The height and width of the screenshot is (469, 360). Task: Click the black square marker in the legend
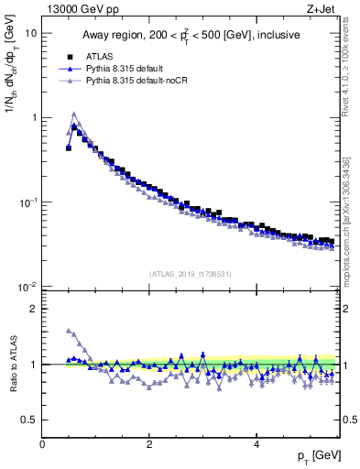71,55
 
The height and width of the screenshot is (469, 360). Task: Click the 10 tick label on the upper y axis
30,33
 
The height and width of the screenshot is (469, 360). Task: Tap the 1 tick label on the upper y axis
33,117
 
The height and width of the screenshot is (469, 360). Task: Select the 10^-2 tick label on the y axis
27,287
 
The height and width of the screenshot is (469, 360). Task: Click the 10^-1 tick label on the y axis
27,202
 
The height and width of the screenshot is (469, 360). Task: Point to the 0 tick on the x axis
42,445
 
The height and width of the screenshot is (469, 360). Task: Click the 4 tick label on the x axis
256,445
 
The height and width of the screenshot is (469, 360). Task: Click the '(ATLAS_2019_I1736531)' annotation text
190,274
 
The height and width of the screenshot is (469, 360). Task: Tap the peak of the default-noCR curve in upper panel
74,115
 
